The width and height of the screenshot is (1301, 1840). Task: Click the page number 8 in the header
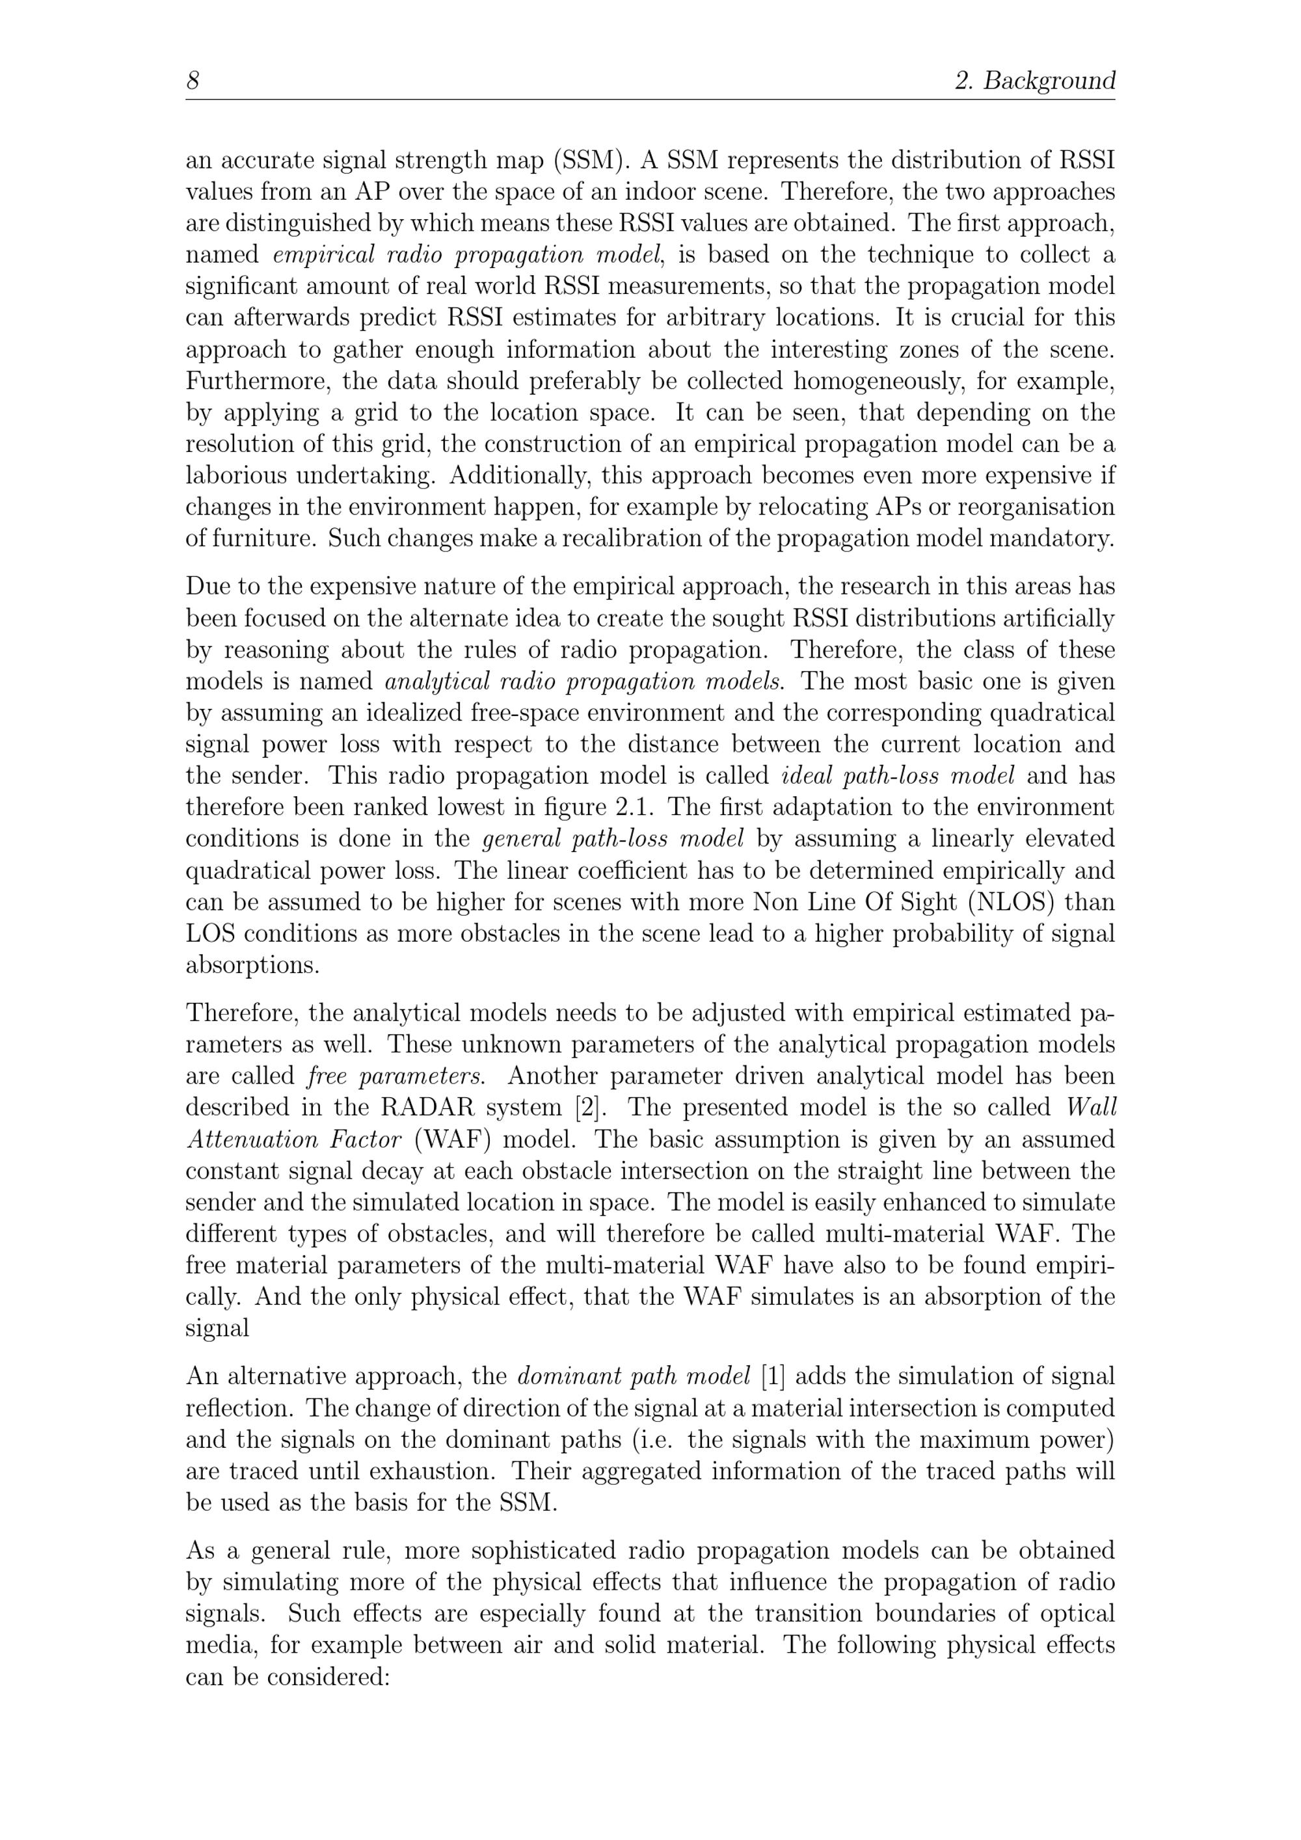(x=193, y=81)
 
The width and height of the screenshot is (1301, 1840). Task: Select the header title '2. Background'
(x=1034, y=81)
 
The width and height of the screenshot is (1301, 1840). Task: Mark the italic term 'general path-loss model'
(x=613, y=839)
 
